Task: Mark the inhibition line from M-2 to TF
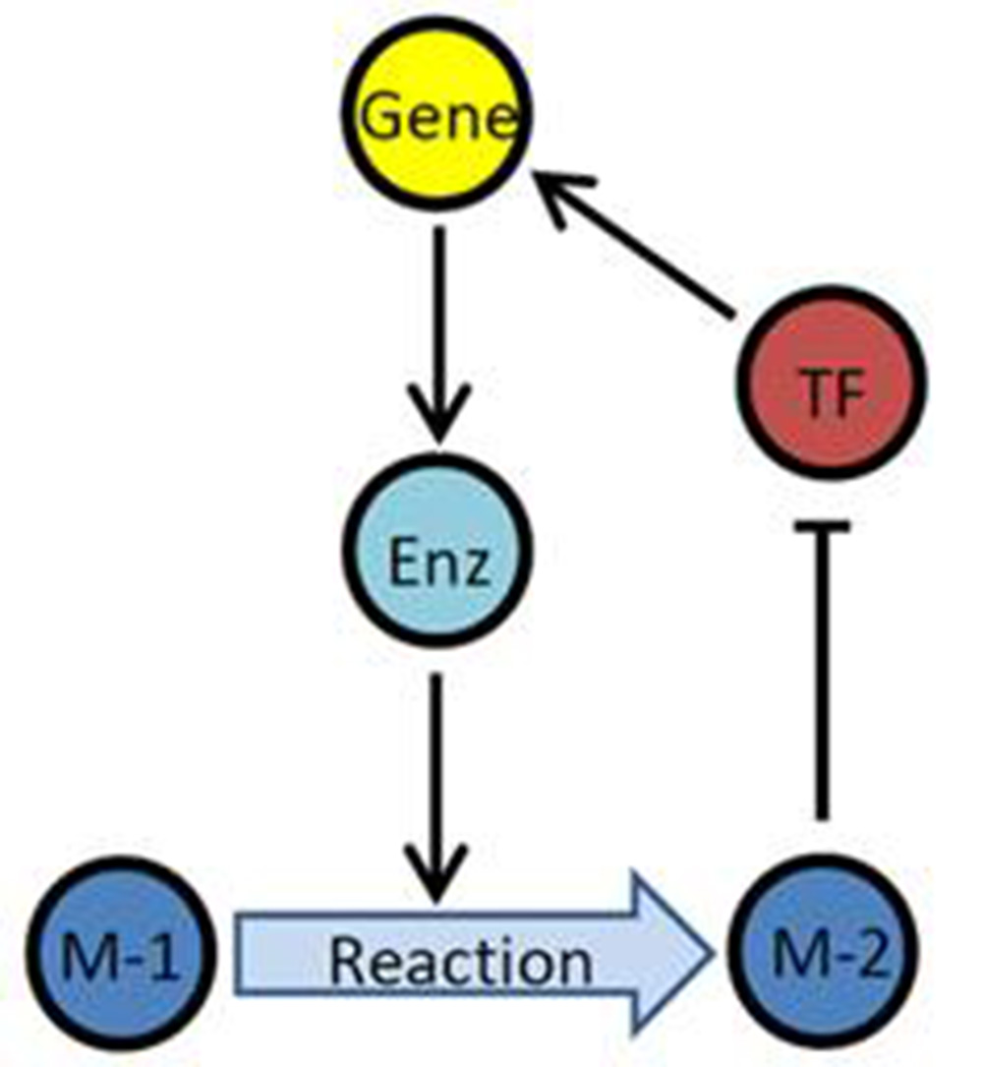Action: click(x=823, y=679)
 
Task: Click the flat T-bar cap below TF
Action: click(x=823, y=528)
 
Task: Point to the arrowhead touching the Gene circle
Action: click(x=560, y=192)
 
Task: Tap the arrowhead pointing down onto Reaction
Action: click(x=435, y=875)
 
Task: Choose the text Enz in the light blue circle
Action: click(x=438, y=565)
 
